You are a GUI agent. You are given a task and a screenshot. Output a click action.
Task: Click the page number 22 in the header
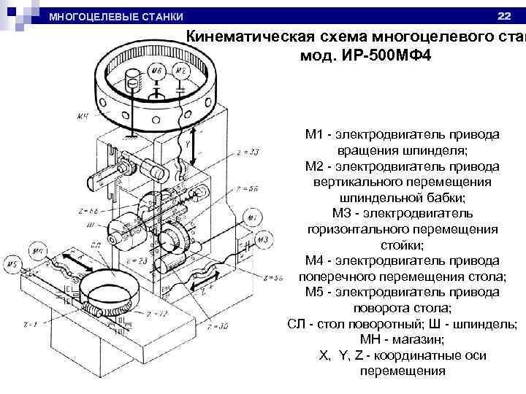[x=504, y=15]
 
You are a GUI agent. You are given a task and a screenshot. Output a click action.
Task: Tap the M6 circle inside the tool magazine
[x=156, y=71]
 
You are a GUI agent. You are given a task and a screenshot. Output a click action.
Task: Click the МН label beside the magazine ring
[x=84, y=115]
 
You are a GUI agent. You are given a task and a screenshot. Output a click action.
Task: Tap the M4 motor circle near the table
[x=39, y=250]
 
